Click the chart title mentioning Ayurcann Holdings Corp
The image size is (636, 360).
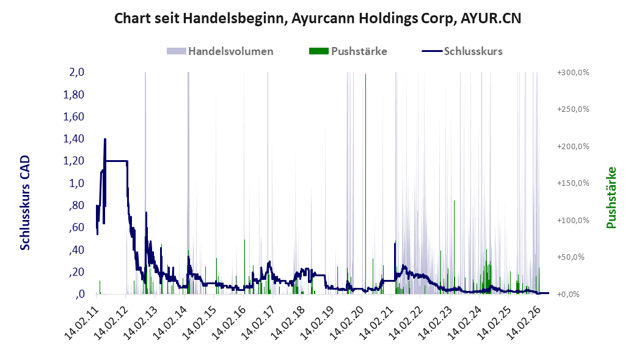[x=318, y=18]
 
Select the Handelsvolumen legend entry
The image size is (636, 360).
[x=220, y=51]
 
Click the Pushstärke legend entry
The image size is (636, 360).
[x=348, y=51]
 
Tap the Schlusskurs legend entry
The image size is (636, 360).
[x=462, y=51]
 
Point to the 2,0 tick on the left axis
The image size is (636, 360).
[x=76, y=72]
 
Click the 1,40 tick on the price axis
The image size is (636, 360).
[x=73, y=139]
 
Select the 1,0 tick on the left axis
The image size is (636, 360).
[x=76, y=183]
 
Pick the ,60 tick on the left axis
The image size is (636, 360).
[x=77, y=227]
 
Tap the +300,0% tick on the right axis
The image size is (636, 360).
[x=573, y=73]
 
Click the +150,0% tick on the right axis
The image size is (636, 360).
[x=573, y=183]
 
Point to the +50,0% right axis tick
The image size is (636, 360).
[x=571, y=257]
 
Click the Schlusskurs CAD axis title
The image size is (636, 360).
[x=25, y=203]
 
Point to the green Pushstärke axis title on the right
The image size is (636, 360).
[x=612, y=197]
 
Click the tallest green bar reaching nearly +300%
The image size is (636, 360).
[x=365, y=184]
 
